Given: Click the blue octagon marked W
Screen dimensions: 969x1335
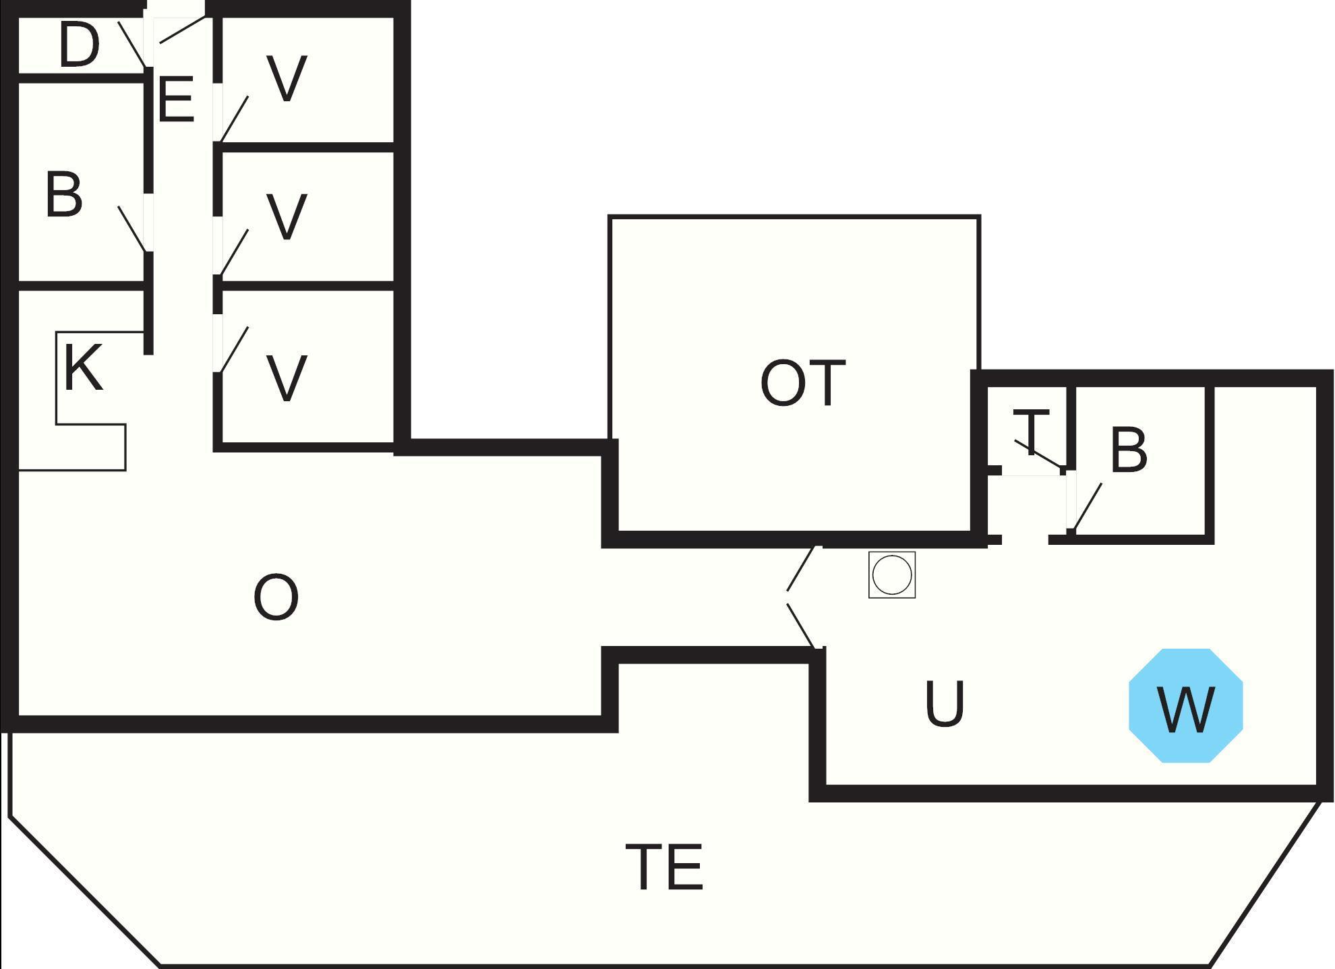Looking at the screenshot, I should (x=1185, y=706).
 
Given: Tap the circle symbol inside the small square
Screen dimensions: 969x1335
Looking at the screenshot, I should (x=891, y=575).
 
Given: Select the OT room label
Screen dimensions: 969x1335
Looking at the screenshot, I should (x=802, y=383).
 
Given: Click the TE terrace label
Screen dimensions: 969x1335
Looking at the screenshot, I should (x=665, y=867).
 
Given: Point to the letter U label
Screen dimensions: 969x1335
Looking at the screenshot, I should (x=945, y=704).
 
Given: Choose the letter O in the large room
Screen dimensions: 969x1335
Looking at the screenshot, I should (x=276, y=597).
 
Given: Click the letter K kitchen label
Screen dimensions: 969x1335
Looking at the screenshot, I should (x=84, y=368).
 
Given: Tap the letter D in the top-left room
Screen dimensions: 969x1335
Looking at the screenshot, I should (x=79, y=45).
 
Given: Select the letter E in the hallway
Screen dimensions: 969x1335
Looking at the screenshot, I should (x=176, y=100).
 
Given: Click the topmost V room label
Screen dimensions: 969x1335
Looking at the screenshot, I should (x=287, y=79).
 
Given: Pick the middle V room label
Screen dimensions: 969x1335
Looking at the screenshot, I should (x=287, y=216).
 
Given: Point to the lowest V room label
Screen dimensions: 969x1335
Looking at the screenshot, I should (x=287, y=378).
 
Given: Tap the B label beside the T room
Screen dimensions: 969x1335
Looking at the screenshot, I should (x=1128, y=450).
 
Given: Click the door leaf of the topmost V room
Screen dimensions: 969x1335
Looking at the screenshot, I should (x=234, y=119).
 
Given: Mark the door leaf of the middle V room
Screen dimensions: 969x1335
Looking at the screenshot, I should (x=234, y=253).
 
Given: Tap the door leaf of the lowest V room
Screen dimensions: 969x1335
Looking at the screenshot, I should (x=234, y=349).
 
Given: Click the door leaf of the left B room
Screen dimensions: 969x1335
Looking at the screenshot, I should (x=131, y=229).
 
